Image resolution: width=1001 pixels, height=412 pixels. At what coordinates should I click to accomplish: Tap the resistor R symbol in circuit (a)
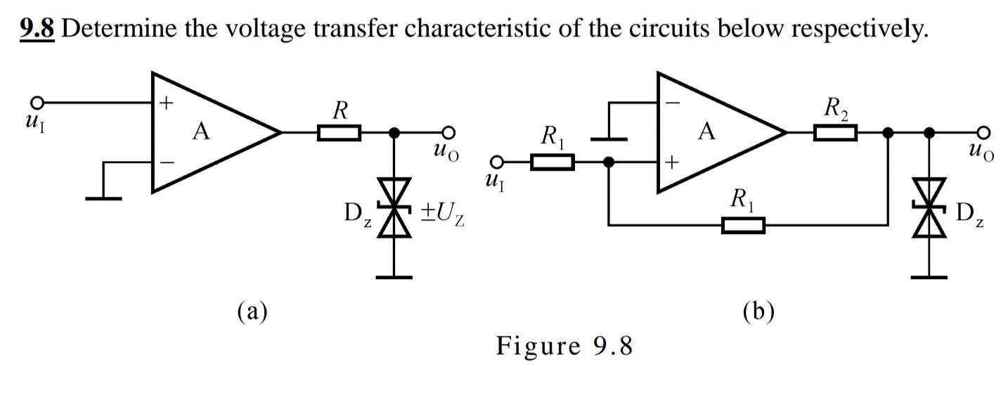coord(339,132)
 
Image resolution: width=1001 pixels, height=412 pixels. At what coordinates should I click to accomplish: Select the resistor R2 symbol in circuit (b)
coord(836,132)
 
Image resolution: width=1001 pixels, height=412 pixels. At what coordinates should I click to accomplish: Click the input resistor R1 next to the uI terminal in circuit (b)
coord(553,163)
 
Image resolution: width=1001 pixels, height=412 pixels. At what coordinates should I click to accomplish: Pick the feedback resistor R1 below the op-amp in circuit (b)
coord(743,226)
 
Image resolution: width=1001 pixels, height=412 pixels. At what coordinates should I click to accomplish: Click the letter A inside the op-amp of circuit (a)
coord(202,131)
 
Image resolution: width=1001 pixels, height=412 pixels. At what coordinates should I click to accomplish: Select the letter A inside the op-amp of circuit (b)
coord(707,131)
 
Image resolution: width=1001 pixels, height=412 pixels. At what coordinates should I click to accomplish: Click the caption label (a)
coord(252,310)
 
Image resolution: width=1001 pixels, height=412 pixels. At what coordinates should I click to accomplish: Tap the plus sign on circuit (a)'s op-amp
coord(166,104)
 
